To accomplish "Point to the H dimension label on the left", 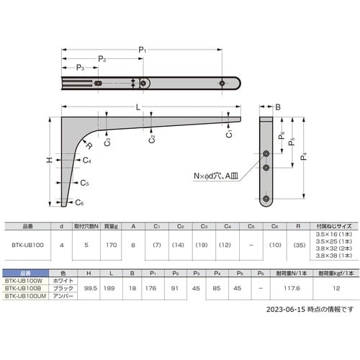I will click(x=50, y=161).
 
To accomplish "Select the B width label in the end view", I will click(x=278, y=108).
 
